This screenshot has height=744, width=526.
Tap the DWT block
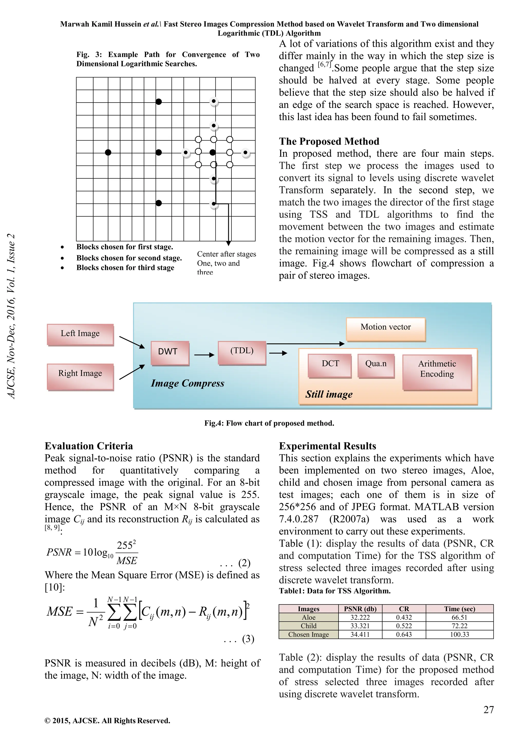[x=170, y=352]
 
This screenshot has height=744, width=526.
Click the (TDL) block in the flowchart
[x=242, y=352]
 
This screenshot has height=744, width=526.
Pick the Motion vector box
[x=386, y=328]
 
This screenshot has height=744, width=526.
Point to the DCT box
[x=330, y=364]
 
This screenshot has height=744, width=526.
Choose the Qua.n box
[x=376, y=364]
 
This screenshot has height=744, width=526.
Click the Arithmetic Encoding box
[x=437, y=370]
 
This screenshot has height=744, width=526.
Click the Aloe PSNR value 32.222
[x=360, y=617]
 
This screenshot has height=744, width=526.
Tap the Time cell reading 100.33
[x=459, y=634]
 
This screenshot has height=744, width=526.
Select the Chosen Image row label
[x=308, y=634]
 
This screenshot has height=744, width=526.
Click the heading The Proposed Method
[x=329, y=141]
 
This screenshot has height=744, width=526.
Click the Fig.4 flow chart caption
[x=269, y=423]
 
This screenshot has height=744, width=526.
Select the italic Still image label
[x=328, y=394]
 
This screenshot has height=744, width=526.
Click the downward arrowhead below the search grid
[x=228, y=243]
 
